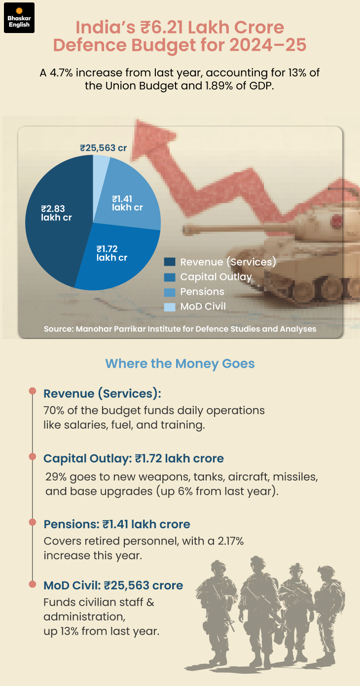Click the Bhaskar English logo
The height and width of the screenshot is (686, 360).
pos(19,18)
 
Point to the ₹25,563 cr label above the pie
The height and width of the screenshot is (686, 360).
pos(104,147)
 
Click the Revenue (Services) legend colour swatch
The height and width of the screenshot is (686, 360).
pos(170,262)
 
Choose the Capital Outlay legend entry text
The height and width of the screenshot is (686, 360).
pos(216,277)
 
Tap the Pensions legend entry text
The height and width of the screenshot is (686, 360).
pos(202,292)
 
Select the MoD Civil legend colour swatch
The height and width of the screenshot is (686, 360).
pos(170,307)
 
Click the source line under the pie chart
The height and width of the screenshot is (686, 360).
pos(180,329)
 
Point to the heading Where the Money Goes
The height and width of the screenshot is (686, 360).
pos(180,364)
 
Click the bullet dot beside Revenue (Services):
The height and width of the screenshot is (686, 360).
pos(33,391)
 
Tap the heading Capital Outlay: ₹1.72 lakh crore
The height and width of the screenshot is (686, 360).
pos(134,459)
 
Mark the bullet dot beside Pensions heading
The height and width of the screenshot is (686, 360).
pos(33,521)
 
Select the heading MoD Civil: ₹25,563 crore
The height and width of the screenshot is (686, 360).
pos(113,585)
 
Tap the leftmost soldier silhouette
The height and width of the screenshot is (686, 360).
pos(217,611)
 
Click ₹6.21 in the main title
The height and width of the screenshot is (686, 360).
pos(158,28)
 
